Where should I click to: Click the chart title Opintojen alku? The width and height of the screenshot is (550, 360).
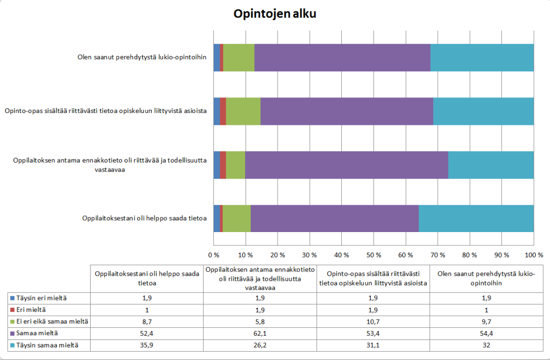[x=274, y=14]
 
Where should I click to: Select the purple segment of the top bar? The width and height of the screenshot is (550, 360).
[x=342, y=57]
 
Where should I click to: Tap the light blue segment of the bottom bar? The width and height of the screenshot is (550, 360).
[x=476, y=219]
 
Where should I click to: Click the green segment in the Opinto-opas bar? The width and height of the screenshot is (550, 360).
[x=243, y=111]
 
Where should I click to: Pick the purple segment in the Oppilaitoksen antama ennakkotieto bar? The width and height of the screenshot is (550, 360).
[x=346, y=165]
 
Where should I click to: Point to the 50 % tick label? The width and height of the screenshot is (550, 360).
[x=373, y=255]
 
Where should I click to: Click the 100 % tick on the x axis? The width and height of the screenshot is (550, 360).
[x=533, y=255]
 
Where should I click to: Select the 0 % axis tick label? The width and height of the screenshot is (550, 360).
[x=214, y=255]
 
